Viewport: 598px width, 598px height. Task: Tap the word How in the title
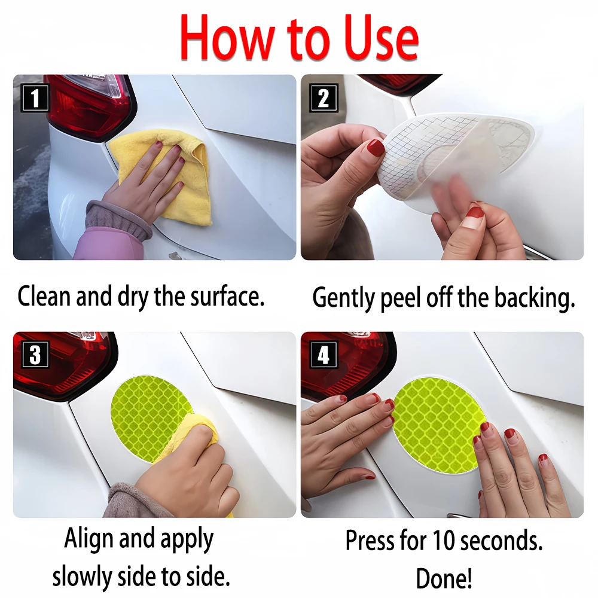tap(227, 38)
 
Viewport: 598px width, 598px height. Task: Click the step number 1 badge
tap(35, 97)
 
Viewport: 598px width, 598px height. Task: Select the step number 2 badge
tap(324, 97)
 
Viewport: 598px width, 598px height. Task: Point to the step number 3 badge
tap(35, 355)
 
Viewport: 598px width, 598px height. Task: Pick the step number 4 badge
tap(324, 355)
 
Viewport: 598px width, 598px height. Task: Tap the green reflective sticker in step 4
tap(438, 425)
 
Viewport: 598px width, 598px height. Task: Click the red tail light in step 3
tap(63, 366)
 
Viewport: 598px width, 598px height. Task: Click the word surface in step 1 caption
tap(227, 297)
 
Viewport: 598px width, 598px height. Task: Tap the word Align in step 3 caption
tap(89, 539)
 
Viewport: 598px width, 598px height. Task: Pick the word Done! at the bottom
tap(444, 578)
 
